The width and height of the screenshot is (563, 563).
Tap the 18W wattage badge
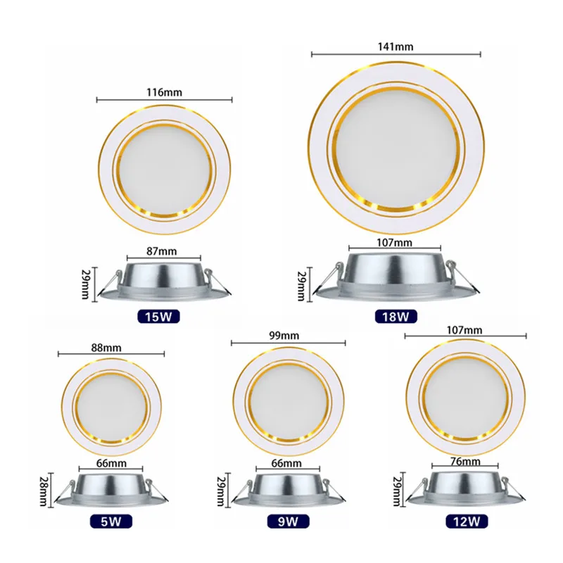coord(396,316)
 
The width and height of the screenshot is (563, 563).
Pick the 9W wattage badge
coord(286,521)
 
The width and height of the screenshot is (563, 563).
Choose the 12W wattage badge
coord(465,521)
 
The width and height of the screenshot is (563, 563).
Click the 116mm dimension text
coord(163,92)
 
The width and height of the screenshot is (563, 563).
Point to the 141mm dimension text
coord(396,46)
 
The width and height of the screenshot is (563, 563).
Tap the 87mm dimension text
coord(163,250)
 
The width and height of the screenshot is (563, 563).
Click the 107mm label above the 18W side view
coord(395,243)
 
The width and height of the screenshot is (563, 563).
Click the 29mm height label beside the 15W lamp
coord(86,283)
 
